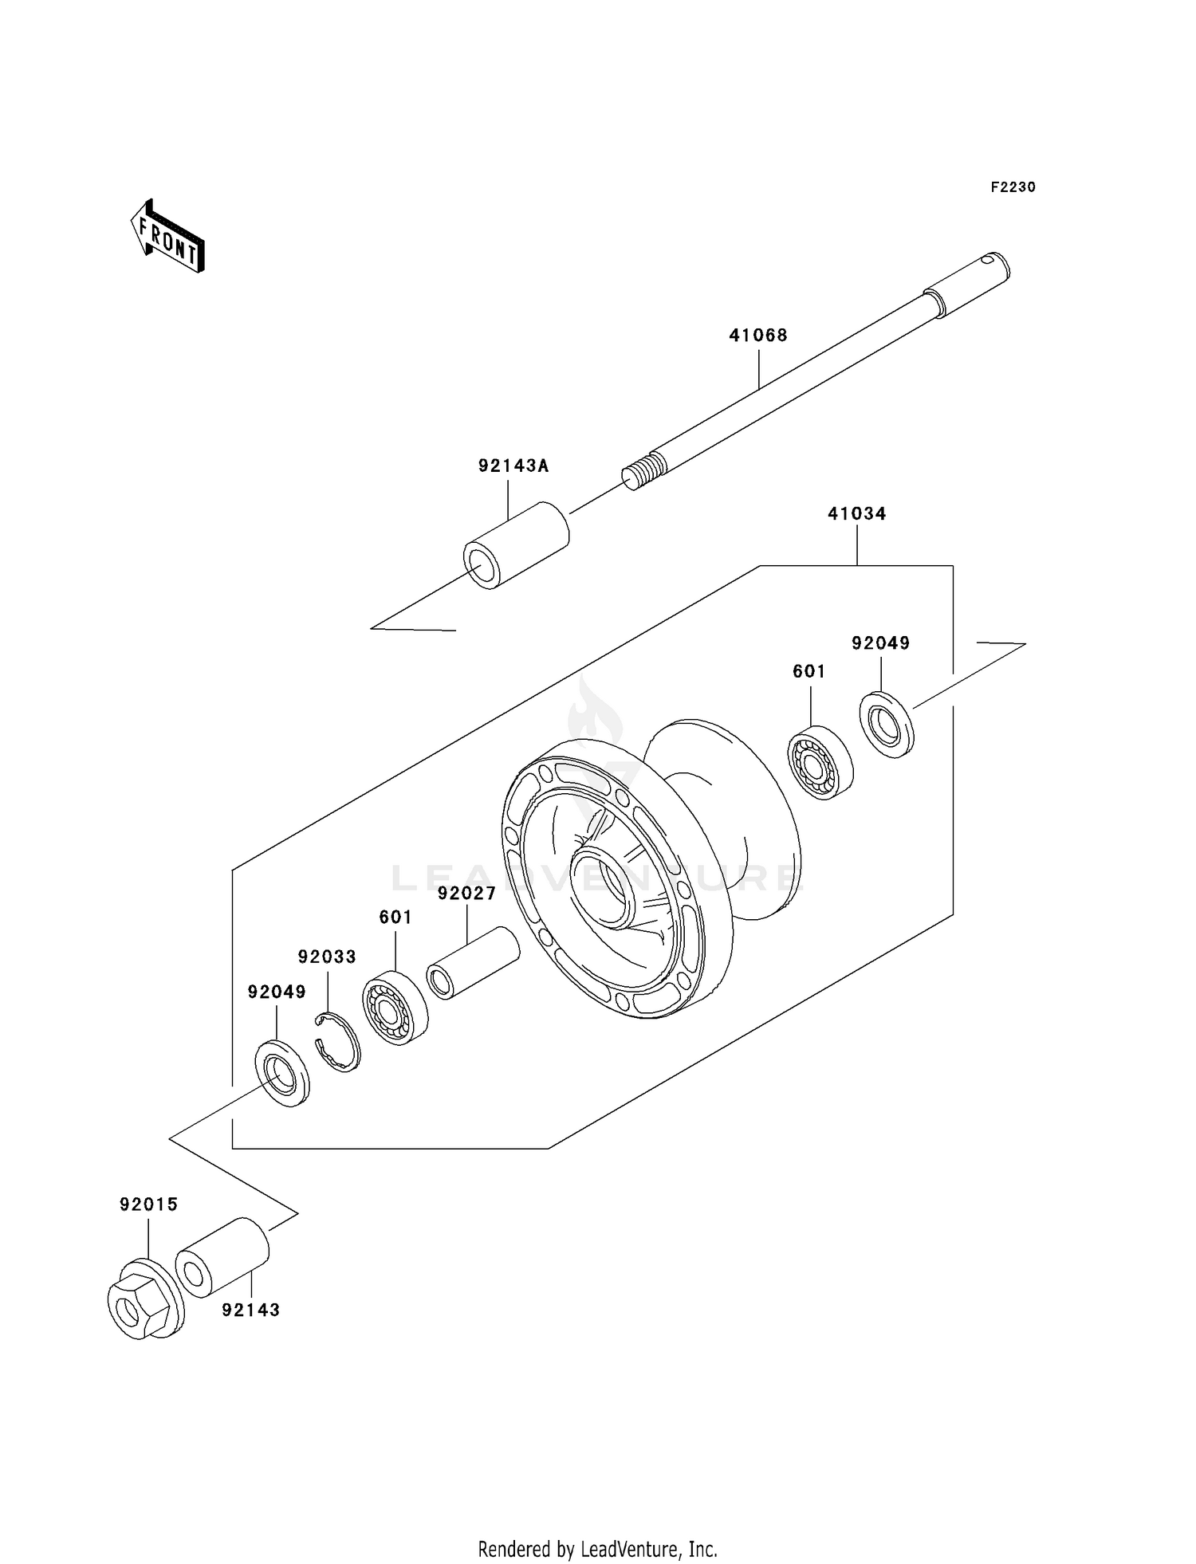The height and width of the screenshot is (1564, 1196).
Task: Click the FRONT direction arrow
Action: tap(168, 237)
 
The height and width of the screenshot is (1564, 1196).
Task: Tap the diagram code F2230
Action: tap(1013, 187)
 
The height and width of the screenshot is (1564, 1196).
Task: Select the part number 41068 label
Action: tap(757, 336)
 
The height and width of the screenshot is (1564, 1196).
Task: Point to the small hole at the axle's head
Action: tap(989, 258)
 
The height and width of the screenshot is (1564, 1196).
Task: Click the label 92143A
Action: tap(513, 466)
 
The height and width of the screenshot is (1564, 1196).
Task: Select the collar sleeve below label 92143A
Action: tap(516, 545)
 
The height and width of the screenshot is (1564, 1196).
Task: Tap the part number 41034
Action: tap(856, 514)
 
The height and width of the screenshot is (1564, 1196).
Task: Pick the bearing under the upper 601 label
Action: tap(820, 762)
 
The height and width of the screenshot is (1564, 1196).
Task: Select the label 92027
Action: tap(466, 894)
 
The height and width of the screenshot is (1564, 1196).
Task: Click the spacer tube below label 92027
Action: tap(474, 962)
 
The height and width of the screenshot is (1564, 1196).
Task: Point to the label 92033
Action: tap(327, 957)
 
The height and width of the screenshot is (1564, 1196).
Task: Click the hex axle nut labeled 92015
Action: tap(144, 1303)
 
